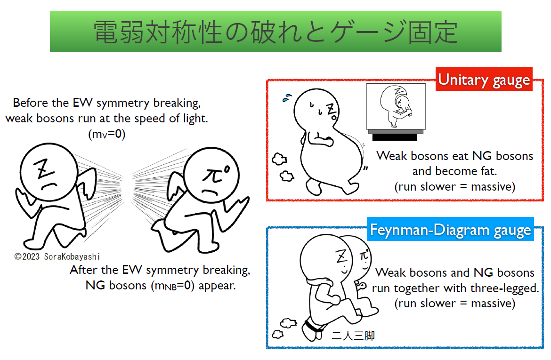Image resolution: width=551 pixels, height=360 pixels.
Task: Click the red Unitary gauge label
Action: (x=484, y=80)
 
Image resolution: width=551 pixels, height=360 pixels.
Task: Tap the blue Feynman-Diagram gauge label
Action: (x=450, y=230)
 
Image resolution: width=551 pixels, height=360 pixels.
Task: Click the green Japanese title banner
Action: (x=275, y=32)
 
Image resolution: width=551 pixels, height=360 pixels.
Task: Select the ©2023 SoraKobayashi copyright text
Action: (x=57, y=256)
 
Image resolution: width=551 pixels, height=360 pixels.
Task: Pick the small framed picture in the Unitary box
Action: (x=396, y=107)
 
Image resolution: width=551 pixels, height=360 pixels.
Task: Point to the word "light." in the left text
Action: (x=194, y=118)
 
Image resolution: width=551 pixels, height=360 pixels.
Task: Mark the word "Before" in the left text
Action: (x=30, y=103)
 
